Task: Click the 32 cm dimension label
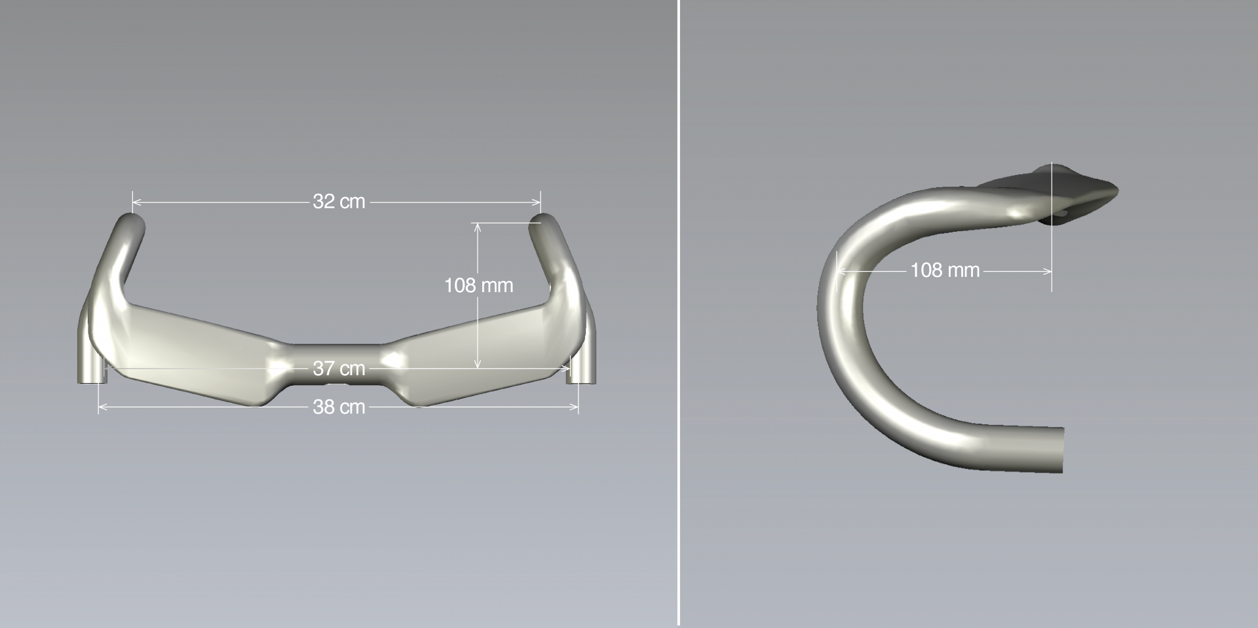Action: [339, 202]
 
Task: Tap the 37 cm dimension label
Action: [339, 369]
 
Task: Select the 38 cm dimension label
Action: [339, 407]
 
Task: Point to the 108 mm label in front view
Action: [478, 286]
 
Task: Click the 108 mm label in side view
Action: [945, 270]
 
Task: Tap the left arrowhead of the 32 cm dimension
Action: [136, 202]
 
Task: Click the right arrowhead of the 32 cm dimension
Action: [537, 202]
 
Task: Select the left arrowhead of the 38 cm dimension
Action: [102, 407]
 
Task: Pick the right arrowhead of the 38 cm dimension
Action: [575, 407]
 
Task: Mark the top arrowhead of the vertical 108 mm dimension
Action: [478, 227]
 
